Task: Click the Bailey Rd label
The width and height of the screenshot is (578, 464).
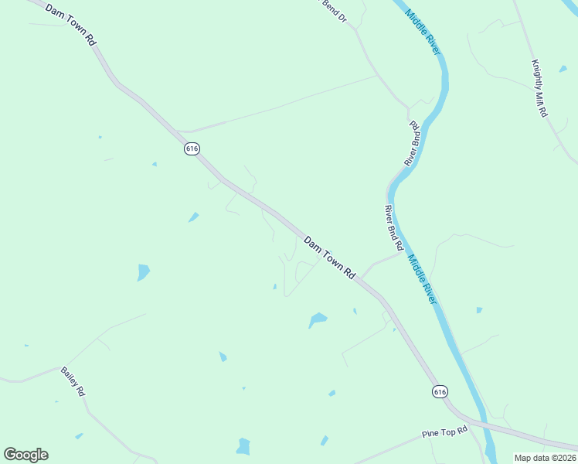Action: pos(73,382)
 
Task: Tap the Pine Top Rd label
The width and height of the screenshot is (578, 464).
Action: pos(445,432)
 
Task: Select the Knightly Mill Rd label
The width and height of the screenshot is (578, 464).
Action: pos(539,88)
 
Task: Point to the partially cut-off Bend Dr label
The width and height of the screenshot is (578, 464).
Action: pos(334,10)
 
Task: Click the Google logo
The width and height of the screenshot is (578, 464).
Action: pos(25,455)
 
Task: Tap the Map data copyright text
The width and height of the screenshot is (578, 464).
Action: pos(546,458)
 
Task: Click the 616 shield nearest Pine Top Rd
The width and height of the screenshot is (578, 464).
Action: pos(440,392)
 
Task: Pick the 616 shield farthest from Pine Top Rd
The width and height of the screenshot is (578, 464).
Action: pos(192,148)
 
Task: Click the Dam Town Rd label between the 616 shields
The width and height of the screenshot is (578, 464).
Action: pos(329,258)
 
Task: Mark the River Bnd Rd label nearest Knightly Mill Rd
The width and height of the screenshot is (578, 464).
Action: pos(412,143)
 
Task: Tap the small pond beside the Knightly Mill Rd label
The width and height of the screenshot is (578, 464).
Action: pos(563,69)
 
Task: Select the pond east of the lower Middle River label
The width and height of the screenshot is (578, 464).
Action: pos(479,310)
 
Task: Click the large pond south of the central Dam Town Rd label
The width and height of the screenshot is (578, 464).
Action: pos(317,319)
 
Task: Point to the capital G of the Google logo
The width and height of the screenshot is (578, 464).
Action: pos(11,455)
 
